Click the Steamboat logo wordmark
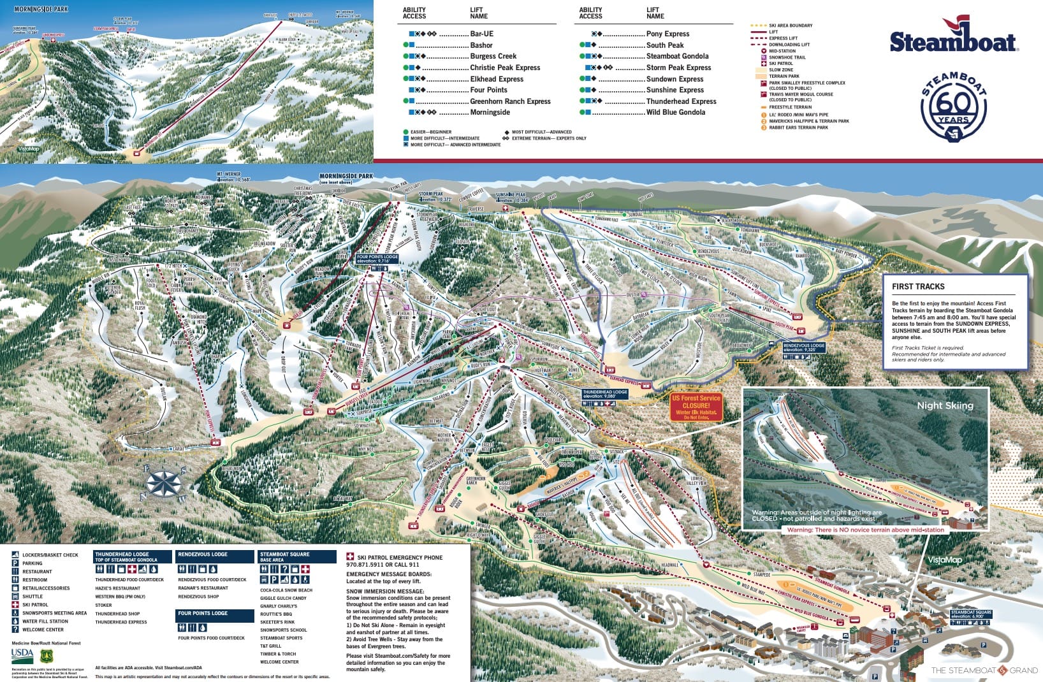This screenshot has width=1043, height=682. click(x=953, y=42)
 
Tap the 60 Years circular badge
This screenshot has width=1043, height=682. click(x=954, y=106)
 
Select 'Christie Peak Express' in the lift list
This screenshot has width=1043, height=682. click(x=504, y=68)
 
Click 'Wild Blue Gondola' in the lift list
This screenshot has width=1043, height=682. click(x=675, y=112)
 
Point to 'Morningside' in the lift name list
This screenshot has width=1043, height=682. click(x=490, y=112)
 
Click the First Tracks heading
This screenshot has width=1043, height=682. click(x=918, y=287)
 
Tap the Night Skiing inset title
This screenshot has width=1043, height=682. click(x=945, y=405)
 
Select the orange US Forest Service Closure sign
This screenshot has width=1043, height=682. click(x=696, y=407)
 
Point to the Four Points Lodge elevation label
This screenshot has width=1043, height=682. click(x=377, y=259)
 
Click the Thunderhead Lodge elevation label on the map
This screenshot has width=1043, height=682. click(x=604, y=395)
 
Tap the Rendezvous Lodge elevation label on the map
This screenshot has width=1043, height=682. click(x=804, y=347)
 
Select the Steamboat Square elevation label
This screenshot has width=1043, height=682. click(x=971, y=614)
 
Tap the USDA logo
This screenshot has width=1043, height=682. click(x=22, y=654)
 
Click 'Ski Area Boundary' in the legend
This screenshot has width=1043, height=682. click(x=791, y=25)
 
